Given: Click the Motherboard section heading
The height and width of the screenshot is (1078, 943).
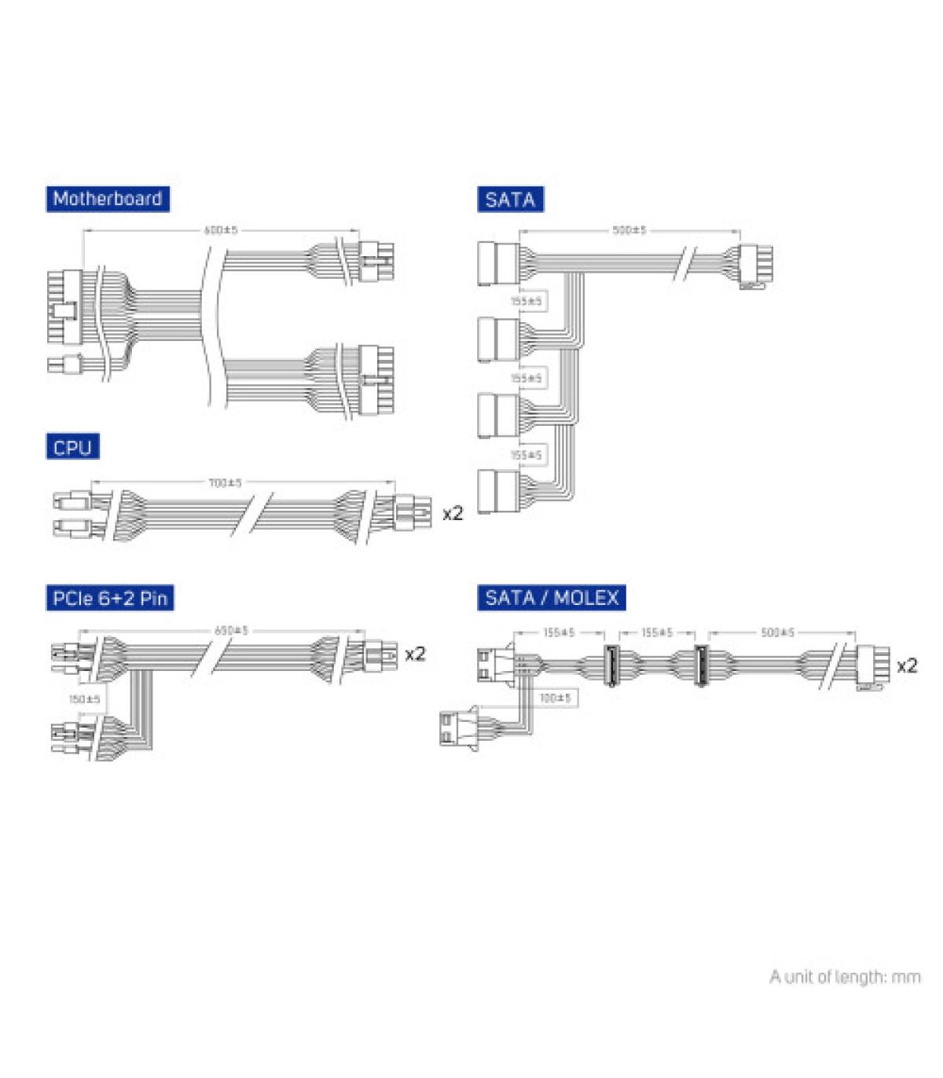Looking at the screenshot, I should [107, 199].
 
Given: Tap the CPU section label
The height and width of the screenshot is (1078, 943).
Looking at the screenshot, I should [72, 448].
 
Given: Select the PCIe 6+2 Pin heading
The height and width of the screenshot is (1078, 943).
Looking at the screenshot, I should [109, 598].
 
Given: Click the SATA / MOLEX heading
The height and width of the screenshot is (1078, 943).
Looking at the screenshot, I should [552, 598].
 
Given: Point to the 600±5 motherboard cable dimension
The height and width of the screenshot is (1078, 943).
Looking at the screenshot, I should [221, 230].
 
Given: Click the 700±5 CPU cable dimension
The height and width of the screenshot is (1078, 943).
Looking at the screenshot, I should [226, 482].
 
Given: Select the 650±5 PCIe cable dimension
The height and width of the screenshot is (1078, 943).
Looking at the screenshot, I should [231, 630].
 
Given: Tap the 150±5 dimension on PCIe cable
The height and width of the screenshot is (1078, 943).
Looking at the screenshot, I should [85, 698].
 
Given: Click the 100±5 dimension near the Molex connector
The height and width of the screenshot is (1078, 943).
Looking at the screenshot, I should [556, 698].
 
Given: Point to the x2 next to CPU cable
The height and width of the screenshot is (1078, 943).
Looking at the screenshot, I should [453, 514].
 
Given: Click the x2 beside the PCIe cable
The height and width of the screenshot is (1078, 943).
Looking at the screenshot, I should [414, 654].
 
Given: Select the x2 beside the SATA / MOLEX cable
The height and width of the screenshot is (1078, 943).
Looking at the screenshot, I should [906, 666].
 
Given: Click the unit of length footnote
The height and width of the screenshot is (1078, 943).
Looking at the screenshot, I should [845, 977].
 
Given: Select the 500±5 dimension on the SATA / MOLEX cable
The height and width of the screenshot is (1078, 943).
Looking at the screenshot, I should [778, 632].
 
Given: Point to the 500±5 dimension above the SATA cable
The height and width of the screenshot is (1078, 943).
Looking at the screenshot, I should [629, 230].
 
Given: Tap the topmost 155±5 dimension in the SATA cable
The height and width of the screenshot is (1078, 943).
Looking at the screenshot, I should [527, 301].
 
